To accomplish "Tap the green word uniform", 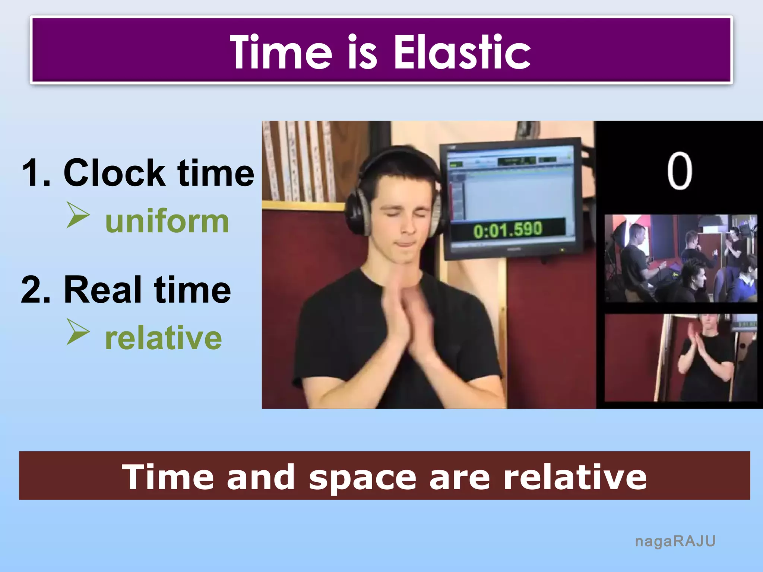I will (167, 222).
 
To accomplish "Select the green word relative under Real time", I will (163, 338).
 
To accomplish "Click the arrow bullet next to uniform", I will (78, 215).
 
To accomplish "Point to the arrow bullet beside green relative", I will (78, 331).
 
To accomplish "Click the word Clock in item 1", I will (114, 173).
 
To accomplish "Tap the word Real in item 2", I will (103, 290).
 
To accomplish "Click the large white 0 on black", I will (680, 171).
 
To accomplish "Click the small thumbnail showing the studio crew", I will (680, 258).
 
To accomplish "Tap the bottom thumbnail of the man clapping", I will (680, 358).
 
